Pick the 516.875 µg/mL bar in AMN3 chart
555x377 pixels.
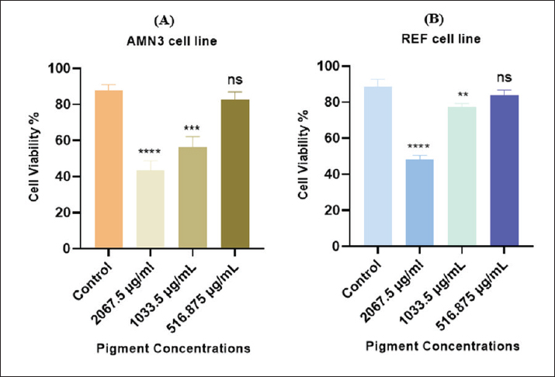pos(234,174)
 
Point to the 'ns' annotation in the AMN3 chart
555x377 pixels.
pos(234,79)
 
